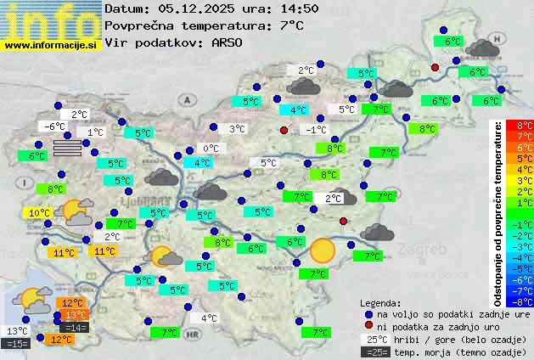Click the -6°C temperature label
click(x=54, y=127)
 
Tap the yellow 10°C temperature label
click(x=39, y=213)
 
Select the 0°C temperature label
click(x=210, y=149)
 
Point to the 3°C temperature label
click(x=238, y=129)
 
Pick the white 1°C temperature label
click(x=94, y=132)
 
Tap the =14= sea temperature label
click(x=75, y=328)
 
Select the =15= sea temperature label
click(x=17, y=344)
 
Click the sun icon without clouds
click(x=322, y=250)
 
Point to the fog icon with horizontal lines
click(x=69, y=148)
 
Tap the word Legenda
click(x=380, y=302)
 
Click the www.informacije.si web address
click(x=51, y=44)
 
